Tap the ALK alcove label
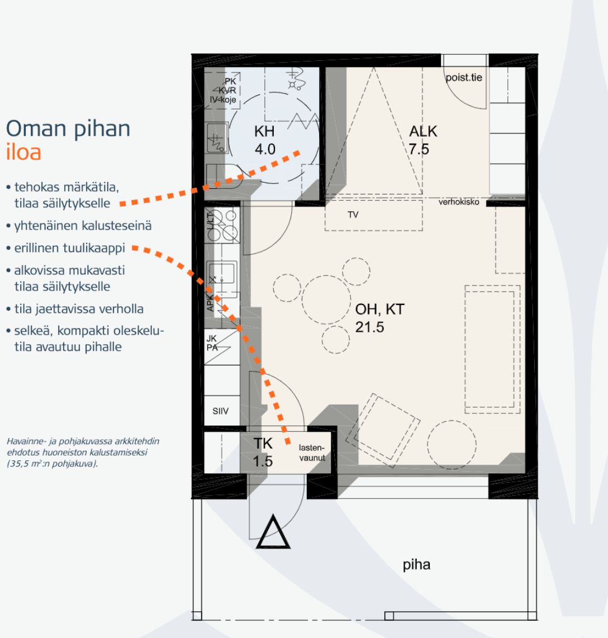423,131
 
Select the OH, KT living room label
379,310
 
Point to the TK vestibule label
263,443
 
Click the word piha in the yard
416,565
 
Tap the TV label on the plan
353,215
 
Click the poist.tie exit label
464,77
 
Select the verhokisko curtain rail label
459,202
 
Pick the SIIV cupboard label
221,411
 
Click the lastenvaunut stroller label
312,453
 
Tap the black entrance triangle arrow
273,532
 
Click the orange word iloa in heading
23,152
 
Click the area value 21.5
369,327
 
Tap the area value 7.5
419,149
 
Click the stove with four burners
222,225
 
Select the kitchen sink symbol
222,273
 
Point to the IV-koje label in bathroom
223,99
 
